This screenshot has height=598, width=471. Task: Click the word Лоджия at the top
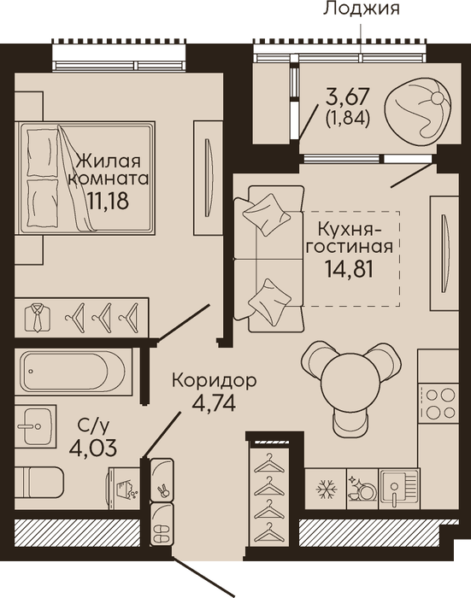[x=362, y=9]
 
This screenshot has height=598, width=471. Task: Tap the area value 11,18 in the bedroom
[x=108, y=200]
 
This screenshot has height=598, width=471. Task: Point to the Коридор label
[x=214, y=381]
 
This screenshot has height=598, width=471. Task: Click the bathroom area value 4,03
[x=93, y=448]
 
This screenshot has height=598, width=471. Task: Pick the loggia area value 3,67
[x=347, y=97]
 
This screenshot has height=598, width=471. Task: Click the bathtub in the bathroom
[x=74, y=371]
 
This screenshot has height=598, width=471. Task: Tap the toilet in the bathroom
[x=39, y=482]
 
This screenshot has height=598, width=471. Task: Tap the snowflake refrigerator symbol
[x=326, y=489]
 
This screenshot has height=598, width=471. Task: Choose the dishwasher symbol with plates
[x=362, y=489]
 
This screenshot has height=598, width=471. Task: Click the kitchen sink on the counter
[x=399, y=489]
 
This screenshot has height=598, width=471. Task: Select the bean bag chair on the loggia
[x=415, y=110]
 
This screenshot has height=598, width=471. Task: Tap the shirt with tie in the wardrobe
[x=38, y=317]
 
